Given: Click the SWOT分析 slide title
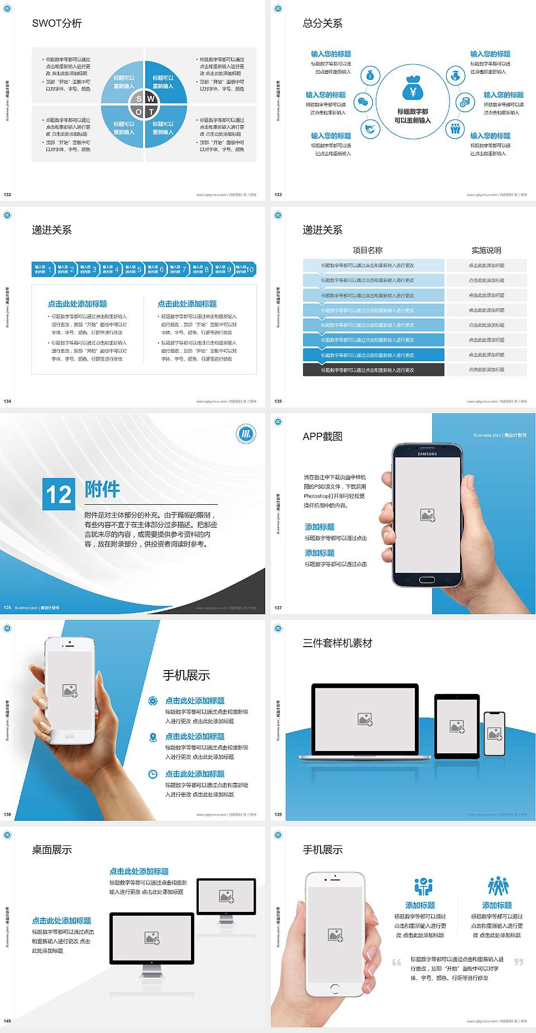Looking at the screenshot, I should click(x=57, y=23).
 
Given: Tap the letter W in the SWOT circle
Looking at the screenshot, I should click(x=151, y=99).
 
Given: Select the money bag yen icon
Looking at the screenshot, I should click(x=413, y=89).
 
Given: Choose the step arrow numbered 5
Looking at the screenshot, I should click(x=133, y=269).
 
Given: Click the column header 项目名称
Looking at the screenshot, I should click(x=367, y=250).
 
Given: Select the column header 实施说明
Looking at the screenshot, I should click(x=486, y=250).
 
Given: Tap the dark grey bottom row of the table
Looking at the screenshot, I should click(x=374, y=370).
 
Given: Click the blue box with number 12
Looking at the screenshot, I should click(x=59, y=494).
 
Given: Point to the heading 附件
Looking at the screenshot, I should click(x=102, y=489).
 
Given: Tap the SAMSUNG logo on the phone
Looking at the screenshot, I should click(x=427, y=454).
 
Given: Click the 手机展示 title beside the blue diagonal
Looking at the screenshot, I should click(x=186, y=675).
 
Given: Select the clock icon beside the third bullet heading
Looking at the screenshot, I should click(x=153, y=774).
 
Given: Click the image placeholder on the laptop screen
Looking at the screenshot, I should click(x=365, y=719).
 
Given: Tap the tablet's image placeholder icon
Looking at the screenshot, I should click(x=457, y=726).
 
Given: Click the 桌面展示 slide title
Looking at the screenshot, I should click(x=52, y=850).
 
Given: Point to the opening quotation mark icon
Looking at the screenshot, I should click(x=396, y=962).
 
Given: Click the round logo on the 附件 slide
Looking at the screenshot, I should click(x=246, y=434).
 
